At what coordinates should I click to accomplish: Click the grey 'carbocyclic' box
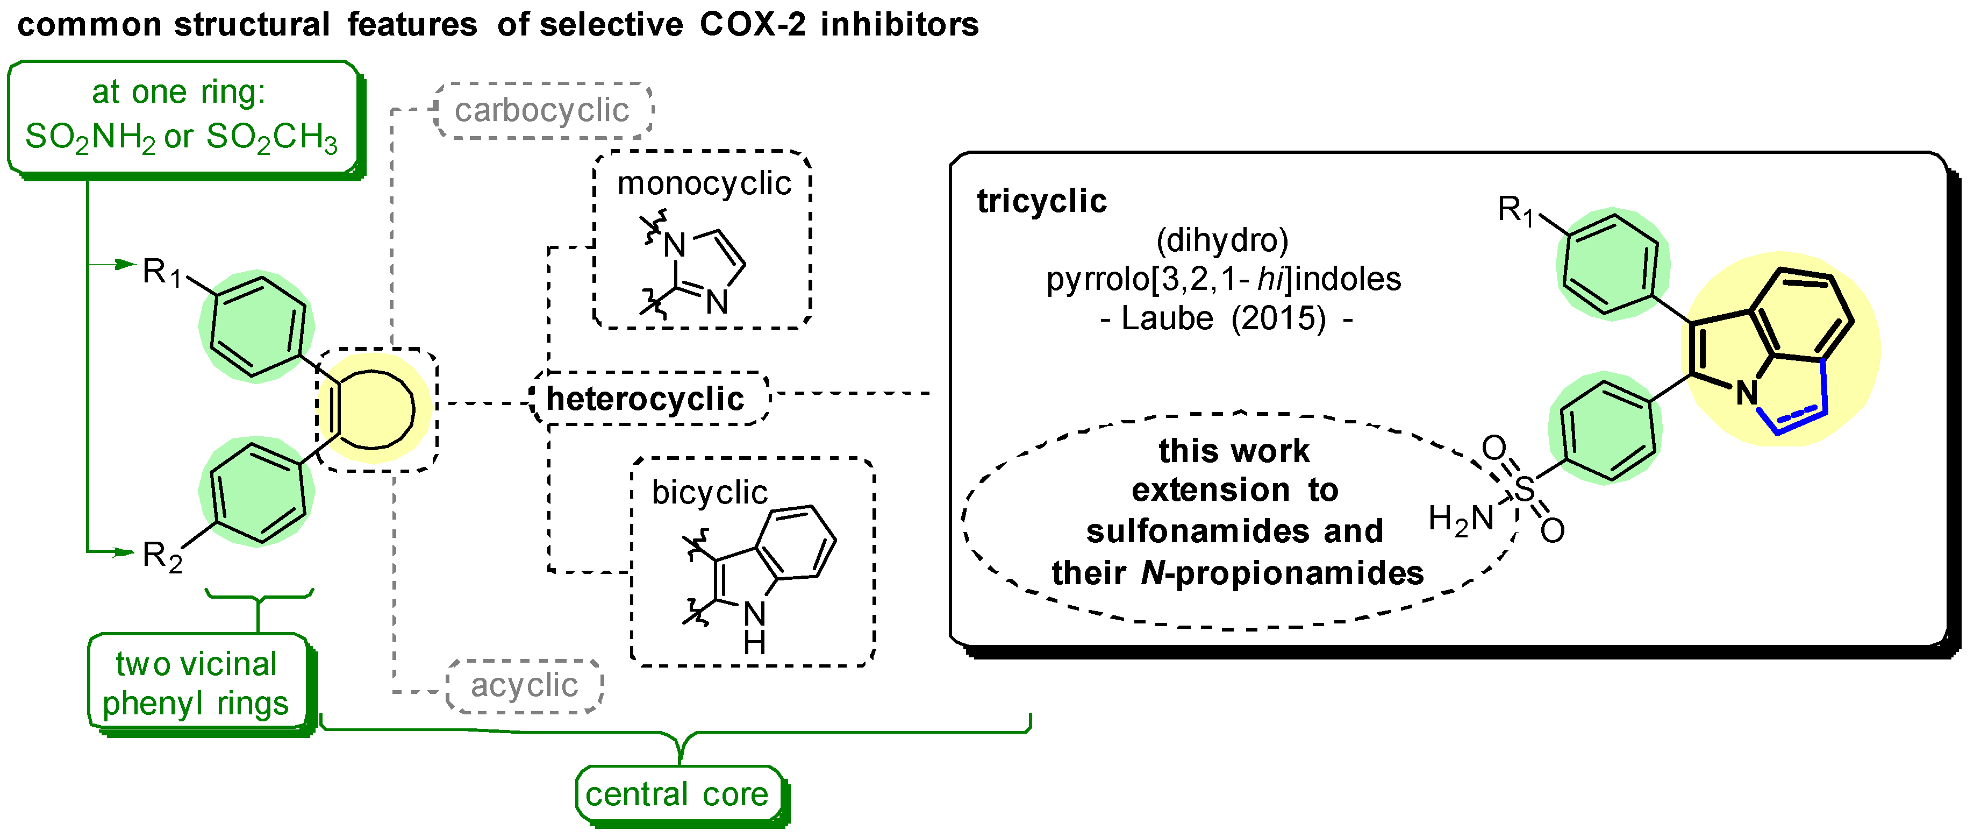point(542,110)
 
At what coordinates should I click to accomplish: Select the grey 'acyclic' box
point(524,685)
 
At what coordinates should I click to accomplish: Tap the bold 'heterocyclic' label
point(645,399)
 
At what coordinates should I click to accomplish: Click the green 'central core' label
point(677,794)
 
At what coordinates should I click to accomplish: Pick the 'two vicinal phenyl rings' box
point(196,684)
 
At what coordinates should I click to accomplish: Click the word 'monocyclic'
point(704,184)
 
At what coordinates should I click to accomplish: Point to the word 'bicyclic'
point(709,493)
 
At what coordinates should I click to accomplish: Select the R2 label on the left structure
point(162,556)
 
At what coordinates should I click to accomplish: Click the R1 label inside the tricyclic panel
point(1515,210)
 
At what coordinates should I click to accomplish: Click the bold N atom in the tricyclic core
point(1747,394)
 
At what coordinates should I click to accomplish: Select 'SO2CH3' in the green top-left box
point(271,138)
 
